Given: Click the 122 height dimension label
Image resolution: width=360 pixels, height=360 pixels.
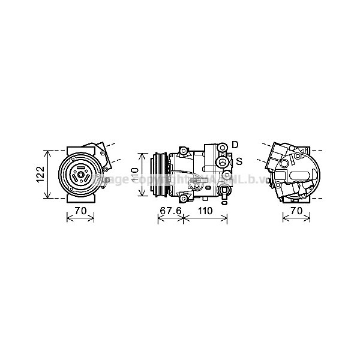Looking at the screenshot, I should coord(39,174).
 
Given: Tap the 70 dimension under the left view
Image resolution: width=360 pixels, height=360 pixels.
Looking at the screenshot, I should coord(80,211).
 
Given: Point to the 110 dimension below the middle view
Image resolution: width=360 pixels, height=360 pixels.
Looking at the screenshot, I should coord(205,211).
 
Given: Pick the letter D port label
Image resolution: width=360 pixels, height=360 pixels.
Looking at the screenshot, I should coord(235,145).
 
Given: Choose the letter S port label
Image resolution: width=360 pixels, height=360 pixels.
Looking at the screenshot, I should coord(238,161).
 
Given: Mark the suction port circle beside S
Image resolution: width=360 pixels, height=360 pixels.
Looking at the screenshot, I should coord(223,162).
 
